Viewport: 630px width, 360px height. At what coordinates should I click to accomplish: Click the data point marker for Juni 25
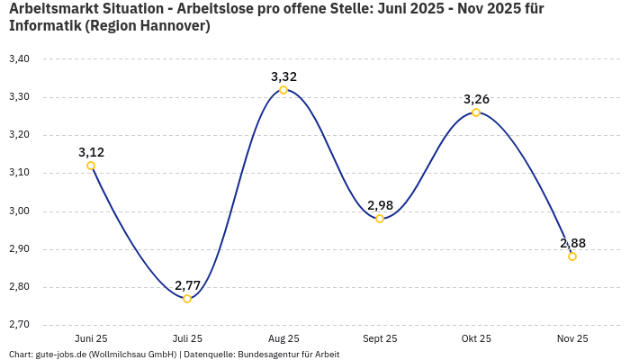[x=91, y=166]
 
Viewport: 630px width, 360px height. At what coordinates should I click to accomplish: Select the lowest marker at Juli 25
[x=187, y=299]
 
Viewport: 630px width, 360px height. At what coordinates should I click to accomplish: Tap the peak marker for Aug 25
[x=283, y=90]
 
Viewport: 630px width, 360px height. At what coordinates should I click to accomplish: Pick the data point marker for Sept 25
[x=380, y=219]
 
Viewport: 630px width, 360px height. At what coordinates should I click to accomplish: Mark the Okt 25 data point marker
[x=476, y=112]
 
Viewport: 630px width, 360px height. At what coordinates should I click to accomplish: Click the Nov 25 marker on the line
[x=572, y=256]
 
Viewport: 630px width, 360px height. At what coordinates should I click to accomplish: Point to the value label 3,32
[x=283, y=76]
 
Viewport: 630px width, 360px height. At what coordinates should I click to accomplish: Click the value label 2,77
[x=187, y=285]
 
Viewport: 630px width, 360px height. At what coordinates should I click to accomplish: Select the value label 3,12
[x=91, y=152]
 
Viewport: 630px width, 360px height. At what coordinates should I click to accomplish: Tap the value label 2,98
[x=380, y=205]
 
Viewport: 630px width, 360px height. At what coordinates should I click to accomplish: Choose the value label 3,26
[x=476, y=99]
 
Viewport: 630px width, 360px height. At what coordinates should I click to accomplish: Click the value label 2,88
[x=572, y=243]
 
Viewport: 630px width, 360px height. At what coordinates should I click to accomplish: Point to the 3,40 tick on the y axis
[x=19, y=59]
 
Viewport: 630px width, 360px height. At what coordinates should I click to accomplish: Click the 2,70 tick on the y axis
[x=19, y=325]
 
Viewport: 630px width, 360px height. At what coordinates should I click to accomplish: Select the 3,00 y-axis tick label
[x=19, y=211]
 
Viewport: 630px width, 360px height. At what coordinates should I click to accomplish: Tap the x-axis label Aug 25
[x=283, y=338]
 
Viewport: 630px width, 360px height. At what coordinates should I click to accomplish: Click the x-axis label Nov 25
[x=572, y=338]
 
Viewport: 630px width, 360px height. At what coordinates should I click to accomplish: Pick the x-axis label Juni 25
[x=91, y=338]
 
